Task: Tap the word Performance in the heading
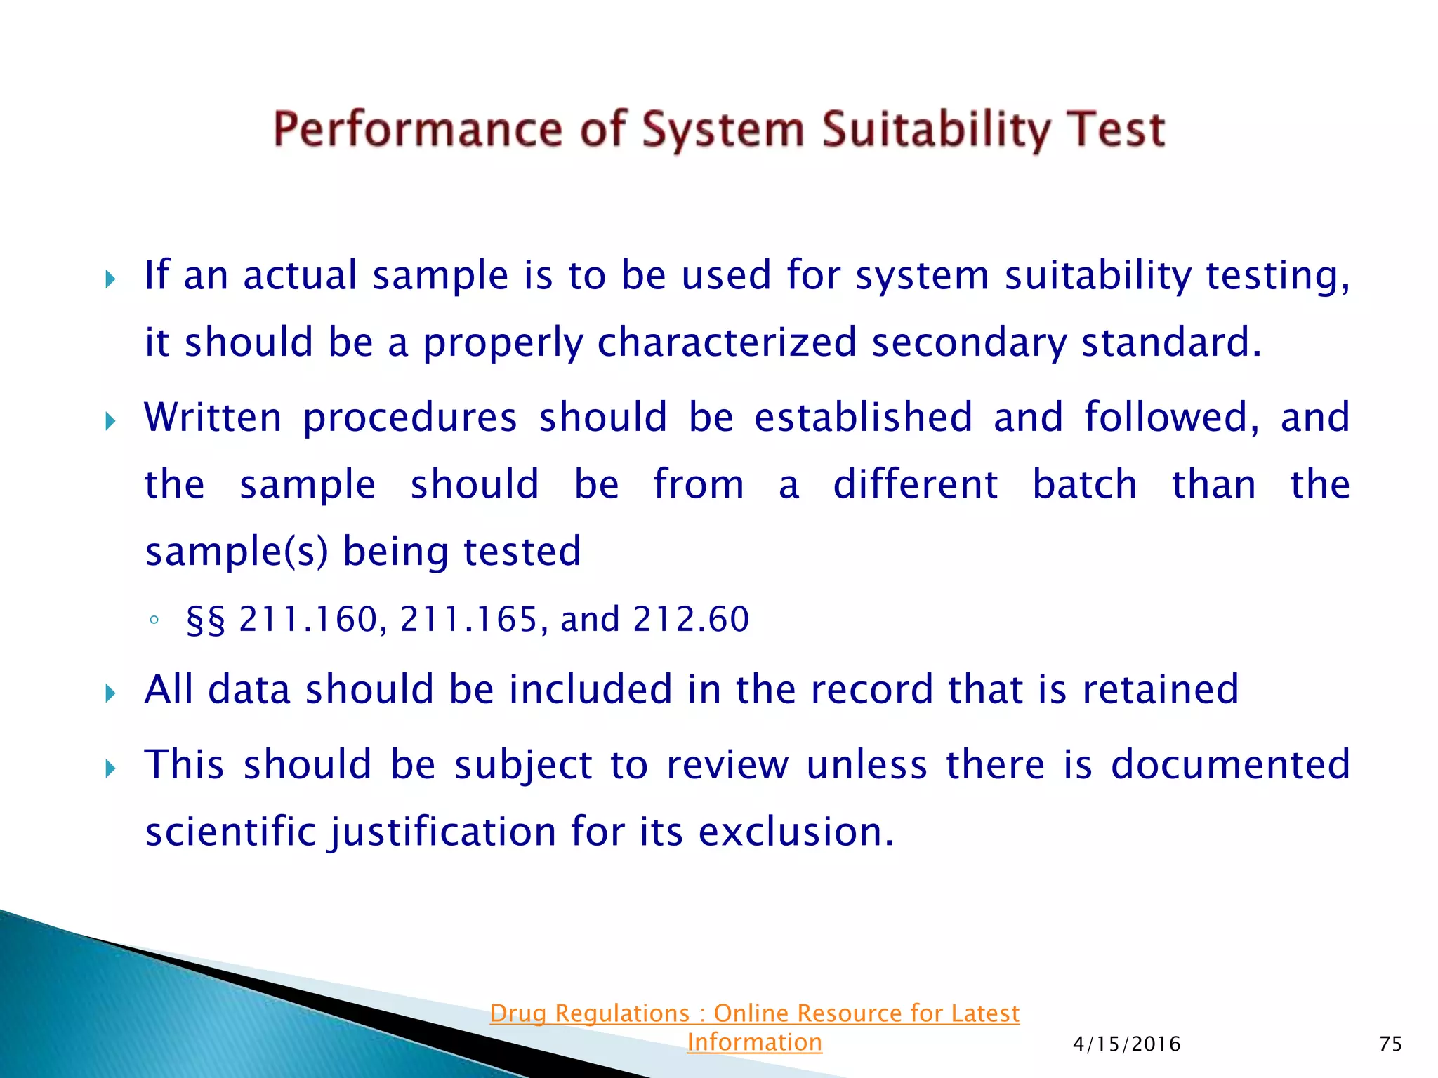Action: click(x=418, y=131)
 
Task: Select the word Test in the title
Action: click(x=1116, y=131)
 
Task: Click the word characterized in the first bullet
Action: click(x=727, y=343)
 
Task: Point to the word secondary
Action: click(x=968, y=343)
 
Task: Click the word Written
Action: click(x=213, y=417)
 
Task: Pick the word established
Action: click(x=863, y=417)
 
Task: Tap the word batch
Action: click(x=1084, y=484)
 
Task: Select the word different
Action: click(x=915, y=484)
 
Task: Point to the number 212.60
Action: click(x=691, y=620)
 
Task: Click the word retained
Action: click(x=1160, y=689)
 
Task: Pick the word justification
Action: click(x=442, y=832)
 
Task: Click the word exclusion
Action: click(x=796, y=832)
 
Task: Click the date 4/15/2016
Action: click(x=1126, y=1044)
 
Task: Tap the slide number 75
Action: click(x=1390, y=1044)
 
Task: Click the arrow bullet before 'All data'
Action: click(x=110, y=694)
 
